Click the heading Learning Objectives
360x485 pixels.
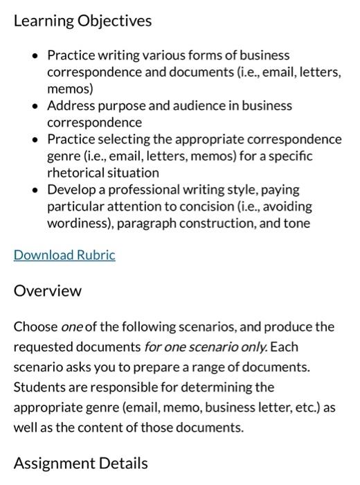click(x=82, y=21)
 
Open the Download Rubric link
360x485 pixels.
click(x=64, y=255)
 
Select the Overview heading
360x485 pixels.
click(x=48, y=290)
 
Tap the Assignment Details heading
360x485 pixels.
click(x=80, y=463)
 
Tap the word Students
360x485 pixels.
click(x=40, y=387)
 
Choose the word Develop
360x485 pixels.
click(x=71, y=190)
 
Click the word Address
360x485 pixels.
click(x=70, y=106)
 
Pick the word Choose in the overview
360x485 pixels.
click(x=36, y=326)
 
